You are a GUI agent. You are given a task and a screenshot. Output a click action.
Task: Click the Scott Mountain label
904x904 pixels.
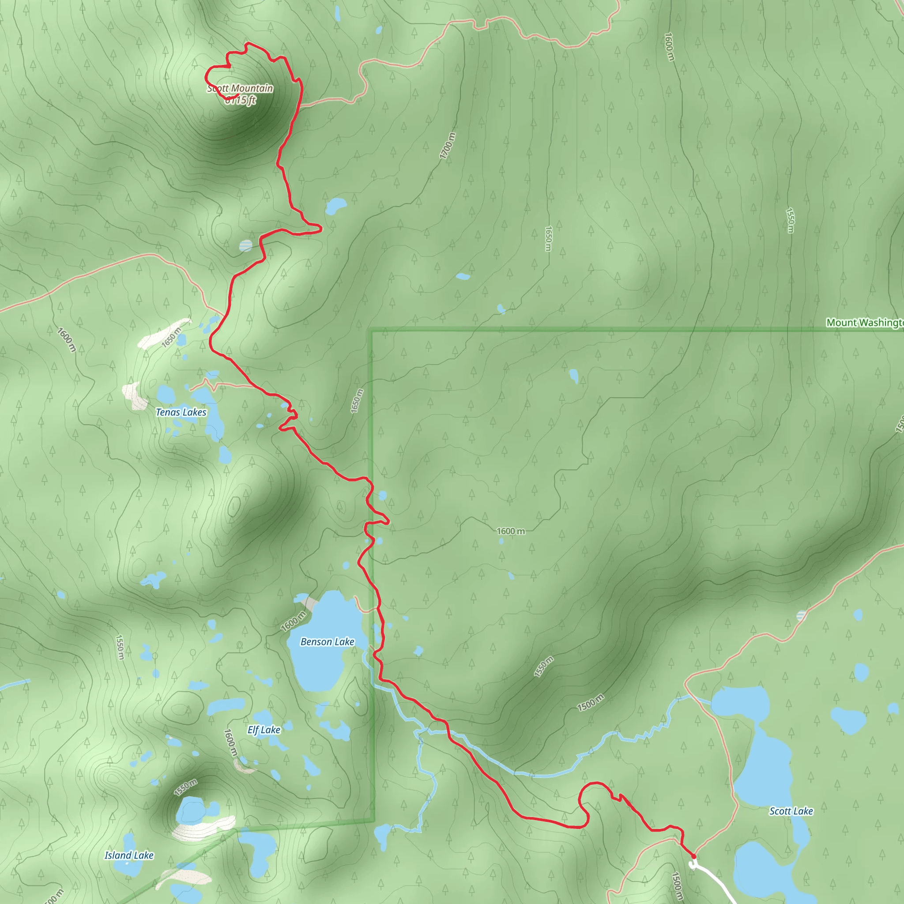[240, 88]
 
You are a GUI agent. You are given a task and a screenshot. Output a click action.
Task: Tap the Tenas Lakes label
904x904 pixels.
[181, 412]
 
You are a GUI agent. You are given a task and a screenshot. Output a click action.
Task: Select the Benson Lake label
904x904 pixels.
[327, 642]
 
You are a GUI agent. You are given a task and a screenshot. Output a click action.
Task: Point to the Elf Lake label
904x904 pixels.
[264, 730]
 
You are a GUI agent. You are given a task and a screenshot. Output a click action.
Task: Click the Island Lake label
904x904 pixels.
[129, 855]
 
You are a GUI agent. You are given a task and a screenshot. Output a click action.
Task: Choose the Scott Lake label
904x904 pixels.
[791, 811]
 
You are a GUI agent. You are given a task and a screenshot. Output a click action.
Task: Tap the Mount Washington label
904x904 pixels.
[864, 323]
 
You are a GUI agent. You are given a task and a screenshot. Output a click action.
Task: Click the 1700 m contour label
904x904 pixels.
[448, 146]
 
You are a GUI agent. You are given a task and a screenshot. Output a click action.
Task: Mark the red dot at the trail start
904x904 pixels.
[693, 856]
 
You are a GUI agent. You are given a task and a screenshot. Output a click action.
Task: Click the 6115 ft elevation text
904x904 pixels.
[241, 100]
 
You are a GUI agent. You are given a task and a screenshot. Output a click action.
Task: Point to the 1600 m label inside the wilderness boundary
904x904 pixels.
[511, 531]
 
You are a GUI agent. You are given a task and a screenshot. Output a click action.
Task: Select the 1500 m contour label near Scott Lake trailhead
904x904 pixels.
[677, 886]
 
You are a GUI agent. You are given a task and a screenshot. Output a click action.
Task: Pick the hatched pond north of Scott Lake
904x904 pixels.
[802, 616]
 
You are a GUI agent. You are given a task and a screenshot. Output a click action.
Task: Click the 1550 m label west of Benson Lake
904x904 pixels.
[120, 647]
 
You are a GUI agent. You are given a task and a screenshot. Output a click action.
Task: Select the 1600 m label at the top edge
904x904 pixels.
[670, 46]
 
